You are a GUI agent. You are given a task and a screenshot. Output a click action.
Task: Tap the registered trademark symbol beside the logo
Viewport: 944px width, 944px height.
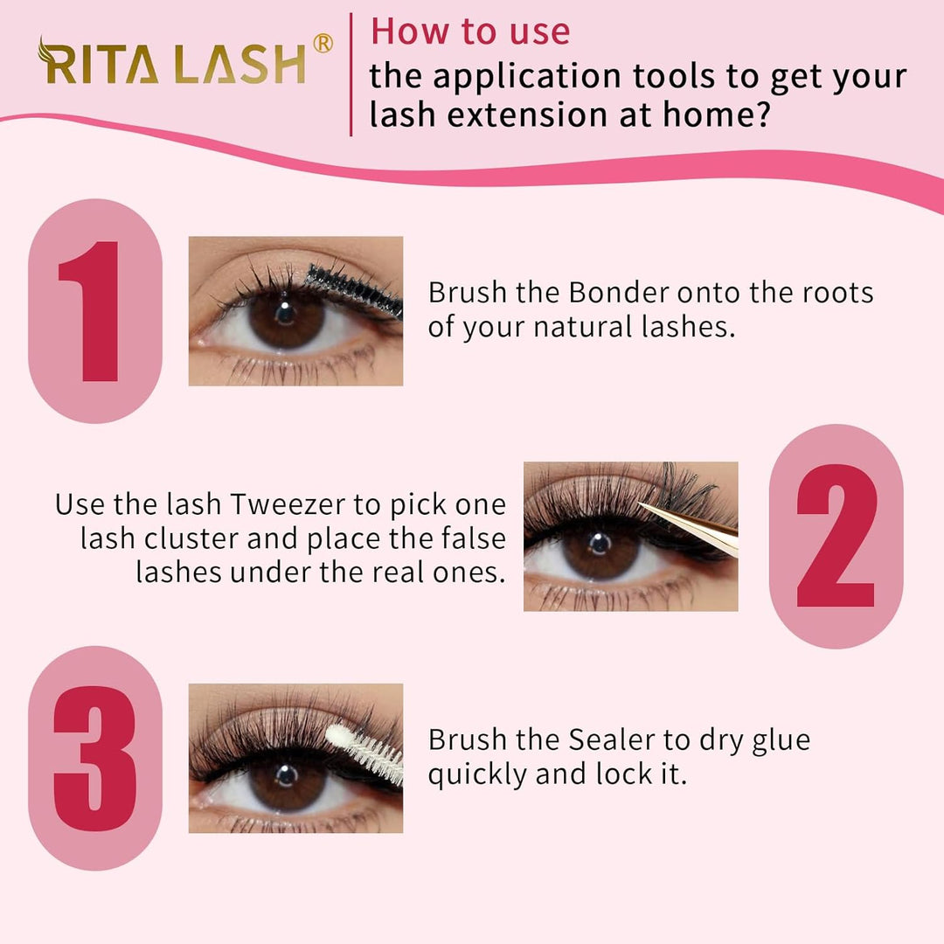click(323, 44)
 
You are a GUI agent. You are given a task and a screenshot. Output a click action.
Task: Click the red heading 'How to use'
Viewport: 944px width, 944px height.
click(470, 31)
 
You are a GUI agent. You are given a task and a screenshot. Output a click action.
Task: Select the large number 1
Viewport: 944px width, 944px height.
click(89, 311)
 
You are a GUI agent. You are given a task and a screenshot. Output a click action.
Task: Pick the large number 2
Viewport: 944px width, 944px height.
click(836, 536)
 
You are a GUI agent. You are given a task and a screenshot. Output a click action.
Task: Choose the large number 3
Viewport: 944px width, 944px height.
click(95, 759)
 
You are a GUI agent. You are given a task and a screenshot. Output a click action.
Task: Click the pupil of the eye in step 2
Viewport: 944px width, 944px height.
click(600, 544)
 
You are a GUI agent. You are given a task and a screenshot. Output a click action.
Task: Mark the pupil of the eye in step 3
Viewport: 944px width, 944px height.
click(287, 774)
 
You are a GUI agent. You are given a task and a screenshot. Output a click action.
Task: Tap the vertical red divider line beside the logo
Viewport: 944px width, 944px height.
click(351, 74)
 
